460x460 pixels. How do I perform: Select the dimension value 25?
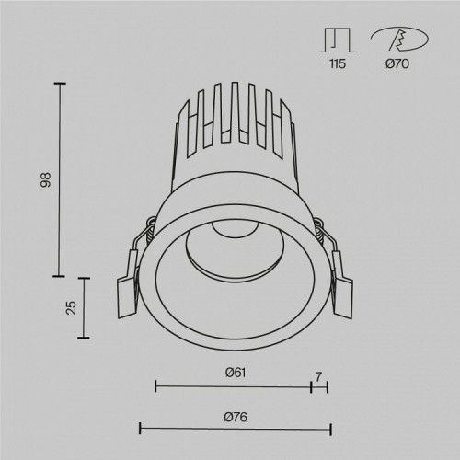(x=71, y=307)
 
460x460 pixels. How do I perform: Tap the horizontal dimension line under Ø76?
(x=234, y=429)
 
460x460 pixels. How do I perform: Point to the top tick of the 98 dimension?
(x=63, y=84)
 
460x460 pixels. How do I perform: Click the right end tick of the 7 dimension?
(x=328, y=386)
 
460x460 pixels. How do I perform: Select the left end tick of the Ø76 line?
(x=139, y=429)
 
